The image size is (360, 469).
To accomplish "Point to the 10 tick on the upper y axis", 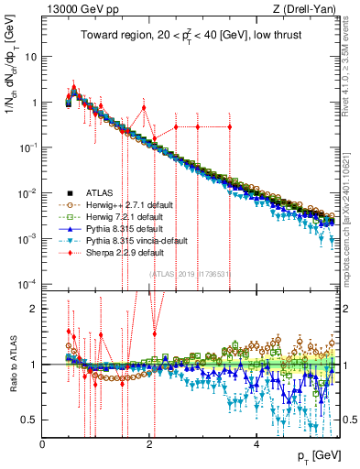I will click(x=31, y=57).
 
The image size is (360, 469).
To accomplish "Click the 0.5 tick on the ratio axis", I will click(x=30, y=420).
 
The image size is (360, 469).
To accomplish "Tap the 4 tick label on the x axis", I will click(x=256, y=443).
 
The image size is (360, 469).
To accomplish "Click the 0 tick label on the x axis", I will click(x=42, y=443).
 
